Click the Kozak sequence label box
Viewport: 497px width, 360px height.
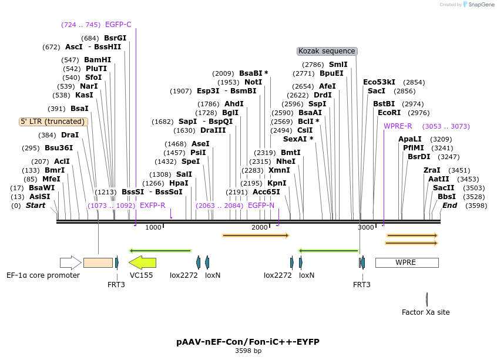327,51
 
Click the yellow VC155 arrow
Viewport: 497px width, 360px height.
143,263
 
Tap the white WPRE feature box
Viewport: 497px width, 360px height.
407,263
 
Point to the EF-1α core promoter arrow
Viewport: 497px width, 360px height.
70,263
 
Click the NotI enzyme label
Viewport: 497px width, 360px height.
253,82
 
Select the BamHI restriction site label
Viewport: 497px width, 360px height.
98,60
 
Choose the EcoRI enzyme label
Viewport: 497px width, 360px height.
389,113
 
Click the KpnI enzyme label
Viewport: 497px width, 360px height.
277,183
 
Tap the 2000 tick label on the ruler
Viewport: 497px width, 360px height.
259,227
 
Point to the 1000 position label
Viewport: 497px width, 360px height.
153,227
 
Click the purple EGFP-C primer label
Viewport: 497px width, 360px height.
118,25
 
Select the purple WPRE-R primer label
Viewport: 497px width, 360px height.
398,126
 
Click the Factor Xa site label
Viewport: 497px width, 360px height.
425,312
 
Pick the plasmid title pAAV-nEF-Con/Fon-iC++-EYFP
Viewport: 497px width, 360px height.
248,341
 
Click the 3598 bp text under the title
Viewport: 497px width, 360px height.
248,351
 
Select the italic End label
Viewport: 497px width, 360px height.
449,206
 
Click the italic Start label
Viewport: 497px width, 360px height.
35,206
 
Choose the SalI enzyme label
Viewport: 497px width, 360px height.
184,174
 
